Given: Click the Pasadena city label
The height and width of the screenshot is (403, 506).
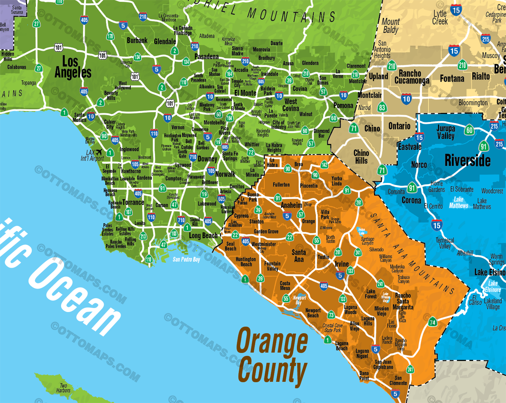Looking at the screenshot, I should pyautogui.click(x=206, y=57).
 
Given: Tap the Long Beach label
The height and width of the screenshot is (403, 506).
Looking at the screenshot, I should pyautogui.click(x=203, y=235).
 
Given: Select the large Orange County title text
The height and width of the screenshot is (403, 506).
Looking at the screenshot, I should pyautogui.click(x=272, y=356).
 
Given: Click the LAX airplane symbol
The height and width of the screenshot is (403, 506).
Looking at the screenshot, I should pyautogui.click(x=99, y=152).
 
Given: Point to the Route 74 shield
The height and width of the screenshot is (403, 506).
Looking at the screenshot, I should pyautogui.click(x=433, y=322).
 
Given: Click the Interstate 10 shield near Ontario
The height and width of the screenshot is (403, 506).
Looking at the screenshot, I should pyautogui.click(x=406, y=99).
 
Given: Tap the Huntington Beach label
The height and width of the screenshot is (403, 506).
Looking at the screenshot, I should pyautogui.click(x=246, y=262).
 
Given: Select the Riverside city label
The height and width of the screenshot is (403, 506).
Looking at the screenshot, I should pyautogui.click(x=467, y=160).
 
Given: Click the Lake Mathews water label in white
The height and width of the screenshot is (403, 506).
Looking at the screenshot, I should pyautogui.click(x=458, y=202).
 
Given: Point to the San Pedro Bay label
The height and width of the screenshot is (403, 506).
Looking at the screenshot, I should pyautogui.click(x=186, y=259).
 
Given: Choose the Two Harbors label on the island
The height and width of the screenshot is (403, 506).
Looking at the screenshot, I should pyautogui.click(x=63, y=388).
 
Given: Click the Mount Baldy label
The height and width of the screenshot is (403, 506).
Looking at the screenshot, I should pyautogui.click(x=391, y=26).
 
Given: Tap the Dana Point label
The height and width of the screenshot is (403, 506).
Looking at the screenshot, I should pyautogui.click(x=364, y=376).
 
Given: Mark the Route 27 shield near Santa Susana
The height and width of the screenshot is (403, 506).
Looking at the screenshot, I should pyautogui.click(x=36, y=24).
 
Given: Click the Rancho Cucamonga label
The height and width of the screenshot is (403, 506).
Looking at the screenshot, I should pyautogui.click(x=412, y=77).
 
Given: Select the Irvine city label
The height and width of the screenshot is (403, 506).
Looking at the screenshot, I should pyautogui.click(x=342, y=264).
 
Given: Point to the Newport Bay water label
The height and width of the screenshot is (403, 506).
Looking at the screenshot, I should pyautogui.click(x=299, y=300).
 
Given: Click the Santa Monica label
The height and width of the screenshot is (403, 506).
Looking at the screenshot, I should pyautogui.click(x=79, y=117).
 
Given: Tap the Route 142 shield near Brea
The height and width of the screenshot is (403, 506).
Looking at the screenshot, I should pyautogui.click(x=324, y=165).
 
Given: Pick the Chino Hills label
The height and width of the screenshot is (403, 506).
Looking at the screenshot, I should pyautogui.click(x=361, y=157).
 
